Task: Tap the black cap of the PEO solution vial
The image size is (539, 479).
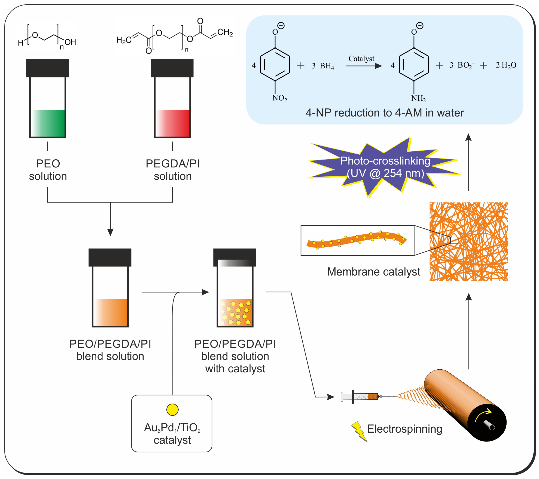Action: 47,68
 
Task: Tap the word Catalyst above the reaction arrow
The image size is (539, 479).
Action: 361,59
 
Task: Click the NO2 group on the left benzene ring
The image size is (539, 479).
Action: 279,98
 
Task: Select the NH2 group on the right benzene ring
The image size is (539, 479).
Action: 418,98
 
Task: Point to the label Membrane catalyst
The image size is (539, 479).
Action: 373,271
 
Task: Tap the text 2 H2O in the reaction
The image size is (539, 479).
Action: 506,65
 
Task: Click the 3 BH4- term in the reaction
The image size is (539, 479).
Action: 324,66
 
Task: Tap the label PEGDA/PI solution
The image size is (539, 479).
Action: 173,170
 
